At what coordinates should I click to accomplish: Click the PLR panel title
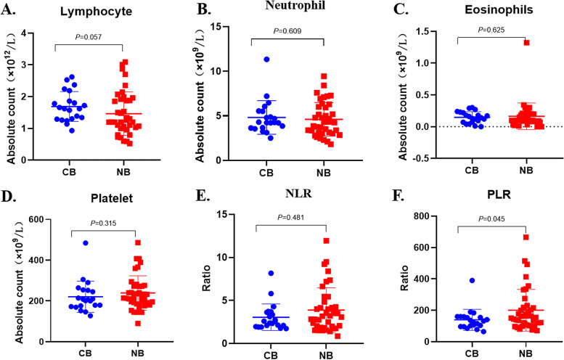coord(486,191)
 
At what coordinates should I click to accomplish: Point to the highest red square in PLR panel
coord(485,237)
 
